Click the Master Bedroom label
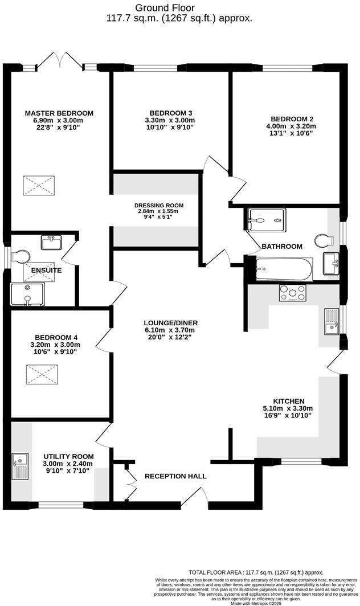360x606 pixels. click(x=59, y=113)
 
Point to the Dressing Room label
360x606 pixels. click(x=159, y=205)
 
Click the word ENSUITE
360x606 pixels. click(x=46, y=270)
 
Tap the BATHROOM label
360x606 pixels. click(x=281, y=246)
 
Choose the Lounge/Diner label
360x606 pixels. click(x=170, y=322)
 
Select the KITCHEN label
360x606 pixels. click(x=288, y=401)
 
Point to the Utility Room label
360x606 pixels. click(x=68, y=456)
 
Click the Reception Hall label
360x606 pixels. click(x=175, y=476)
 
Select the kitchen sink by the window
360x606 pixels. click(x=331, y=321)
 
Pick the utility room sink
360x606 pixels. click(x=19, y=466)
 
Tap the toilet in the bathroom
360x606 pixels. click(x=324, y=240)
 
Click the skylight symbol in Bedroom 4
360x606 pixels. click(x=39, y=374)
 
